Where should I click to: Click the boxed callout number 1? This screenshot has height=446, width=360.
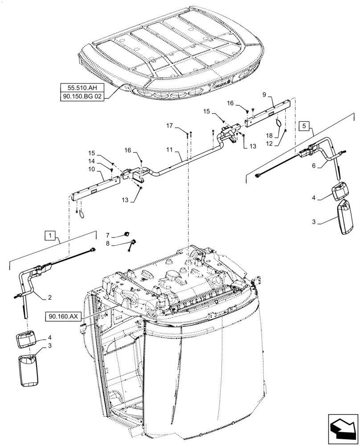(x=51, y=235)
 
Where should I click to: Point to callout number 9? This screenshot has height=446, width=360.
(x=264, y=95)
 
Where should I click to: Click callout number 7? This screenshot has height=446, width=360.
(x=107, y=235)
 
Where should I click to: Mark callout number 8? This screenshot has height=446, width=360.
(x=107, y=244)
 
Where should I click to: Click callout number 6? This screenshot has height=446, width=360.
(x=314, y=165)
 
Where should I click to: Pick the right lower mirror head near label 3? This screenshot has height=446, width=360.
(x=346, y=217)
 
